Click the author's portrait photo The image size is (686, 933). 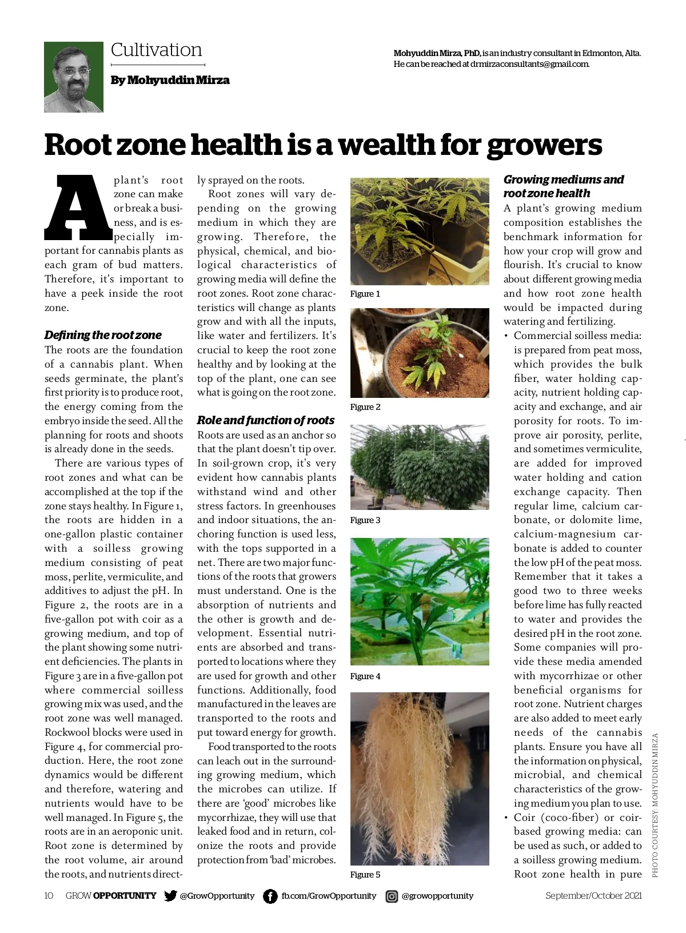click(x=74, y=77)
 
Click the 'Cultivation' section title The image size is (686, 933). click(x=156, y=50)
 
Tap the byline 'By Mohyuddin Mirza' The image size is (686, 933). click(x=170, y=80)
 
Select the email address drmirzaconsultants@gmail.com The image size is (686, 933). click(x=529, y=64)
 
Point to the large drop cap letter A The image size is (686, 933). click(x=78, y=207)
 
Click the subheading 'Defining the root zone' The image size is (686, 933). click(x=103, y=335)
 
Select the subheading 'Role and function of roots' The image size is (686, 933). click(x=266, y=420)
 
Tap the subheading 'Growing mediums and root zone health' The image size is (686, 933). click(x=563, y=186)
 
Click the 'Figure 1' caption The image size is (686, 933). click(x=365, y=294)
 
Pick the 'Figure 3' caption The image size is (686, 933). click(x=365, y=520)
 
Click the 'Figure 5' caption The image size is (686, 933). click(x=365, y=875)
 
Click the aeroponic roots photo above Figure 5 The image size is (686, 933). click(x=420, y=779)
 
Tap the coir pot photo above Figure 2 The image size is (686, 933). click(x=420, y=353)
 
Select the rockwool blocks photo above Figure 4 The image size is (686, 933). click(x=420, y=601)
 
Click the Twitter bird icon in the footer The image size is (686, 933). click(x=170, y=896)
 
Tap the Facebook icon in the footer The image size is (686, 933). click(x=270, y=896)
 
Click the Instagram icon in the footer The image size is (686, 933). click(x=392, y=896)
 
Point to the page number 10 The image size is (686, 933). click(x=49, y=896)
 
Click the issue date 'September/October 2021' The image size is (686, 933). click(x=593, y=896)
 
